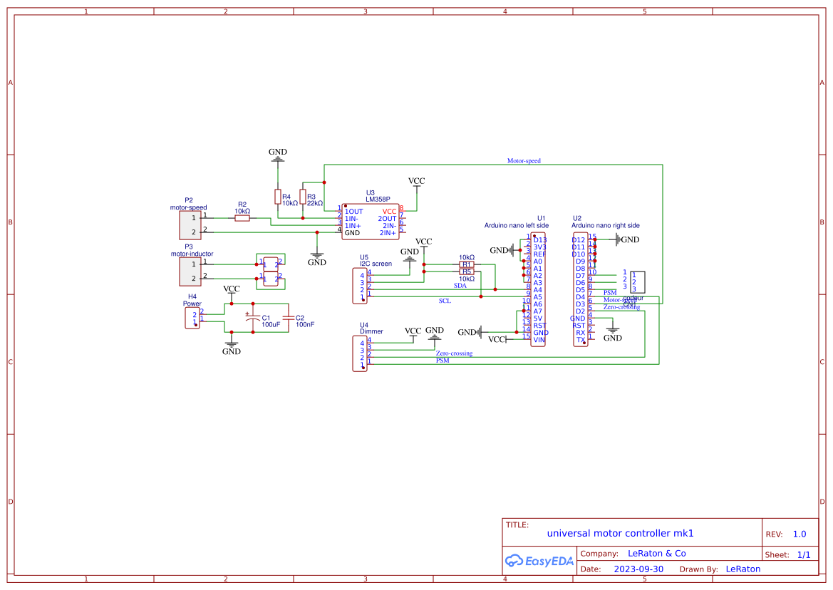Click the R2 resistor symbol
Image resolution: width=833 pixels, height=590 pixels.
(x=242, y=218)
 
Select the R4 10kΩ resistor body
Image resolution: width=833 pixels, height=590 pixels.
(x=277, y=197)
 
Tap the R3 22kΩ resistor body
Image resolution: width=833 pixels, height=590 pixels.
(x=302, y=197)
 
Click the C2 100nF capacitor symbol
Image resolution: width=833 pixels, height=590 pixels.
(x=288, y=317)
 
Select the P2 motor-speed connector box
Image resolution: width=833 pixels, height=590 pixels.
(x=189, y=225)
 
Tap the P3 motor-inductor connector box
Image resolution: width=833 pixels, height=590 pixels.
(x=189, y=271)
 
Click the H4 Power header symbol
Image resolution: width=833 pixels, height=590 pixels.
(x=192, y=318)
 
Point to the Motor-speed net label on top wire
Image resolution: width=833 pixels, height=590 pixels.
(x=524, y=161)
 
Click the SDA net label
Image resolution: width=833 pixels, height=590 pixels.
(x=460, y=285)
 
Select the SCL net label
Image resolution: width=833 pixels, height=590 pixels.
(x=445, y=301)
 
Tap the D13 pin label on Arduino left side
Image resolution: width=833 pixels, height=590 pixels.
(x=540, y=240)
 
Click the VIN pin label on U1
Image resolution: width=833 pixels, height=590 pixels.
(x=539, y=340)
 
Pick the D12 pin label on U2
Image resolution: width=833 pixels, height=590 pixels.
(x=578, y=240)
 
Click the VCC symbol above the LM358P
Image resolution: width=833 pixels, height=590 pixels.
(x=416, y=182)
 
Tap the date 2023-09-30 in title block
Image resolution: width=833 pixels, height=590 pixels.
(x=638, y=569)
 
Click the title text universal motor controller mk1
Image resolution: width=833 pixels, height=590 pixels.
(x=620, y=533)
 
